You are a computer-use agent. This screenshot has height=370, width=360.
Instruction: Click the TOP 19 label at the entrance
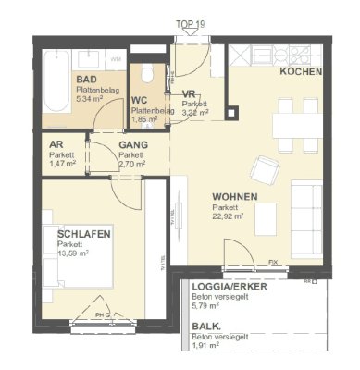click(x=192, y=24)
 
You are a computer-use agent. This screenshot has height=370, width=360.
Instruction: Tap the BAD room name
click(x=86, y=81)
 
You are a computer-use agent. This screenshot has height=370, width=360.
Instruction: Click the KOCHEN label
click(x=301, y=72)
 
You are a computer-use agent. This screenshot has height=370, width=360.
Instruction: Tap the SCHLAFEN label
click(x=83, y=235)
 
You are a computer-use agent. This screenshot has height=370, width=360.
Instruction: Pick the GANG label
click(x=133, y=146)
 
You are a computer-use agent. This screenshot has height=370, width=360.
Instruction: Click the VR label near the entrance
click(x=189, y=94)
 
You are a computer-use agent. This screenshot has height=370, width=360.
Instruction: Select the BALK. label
click(x=206, y=327)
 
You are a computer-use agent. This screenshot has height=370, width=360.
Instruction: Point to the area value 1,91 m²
click(x=207, y=348)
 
